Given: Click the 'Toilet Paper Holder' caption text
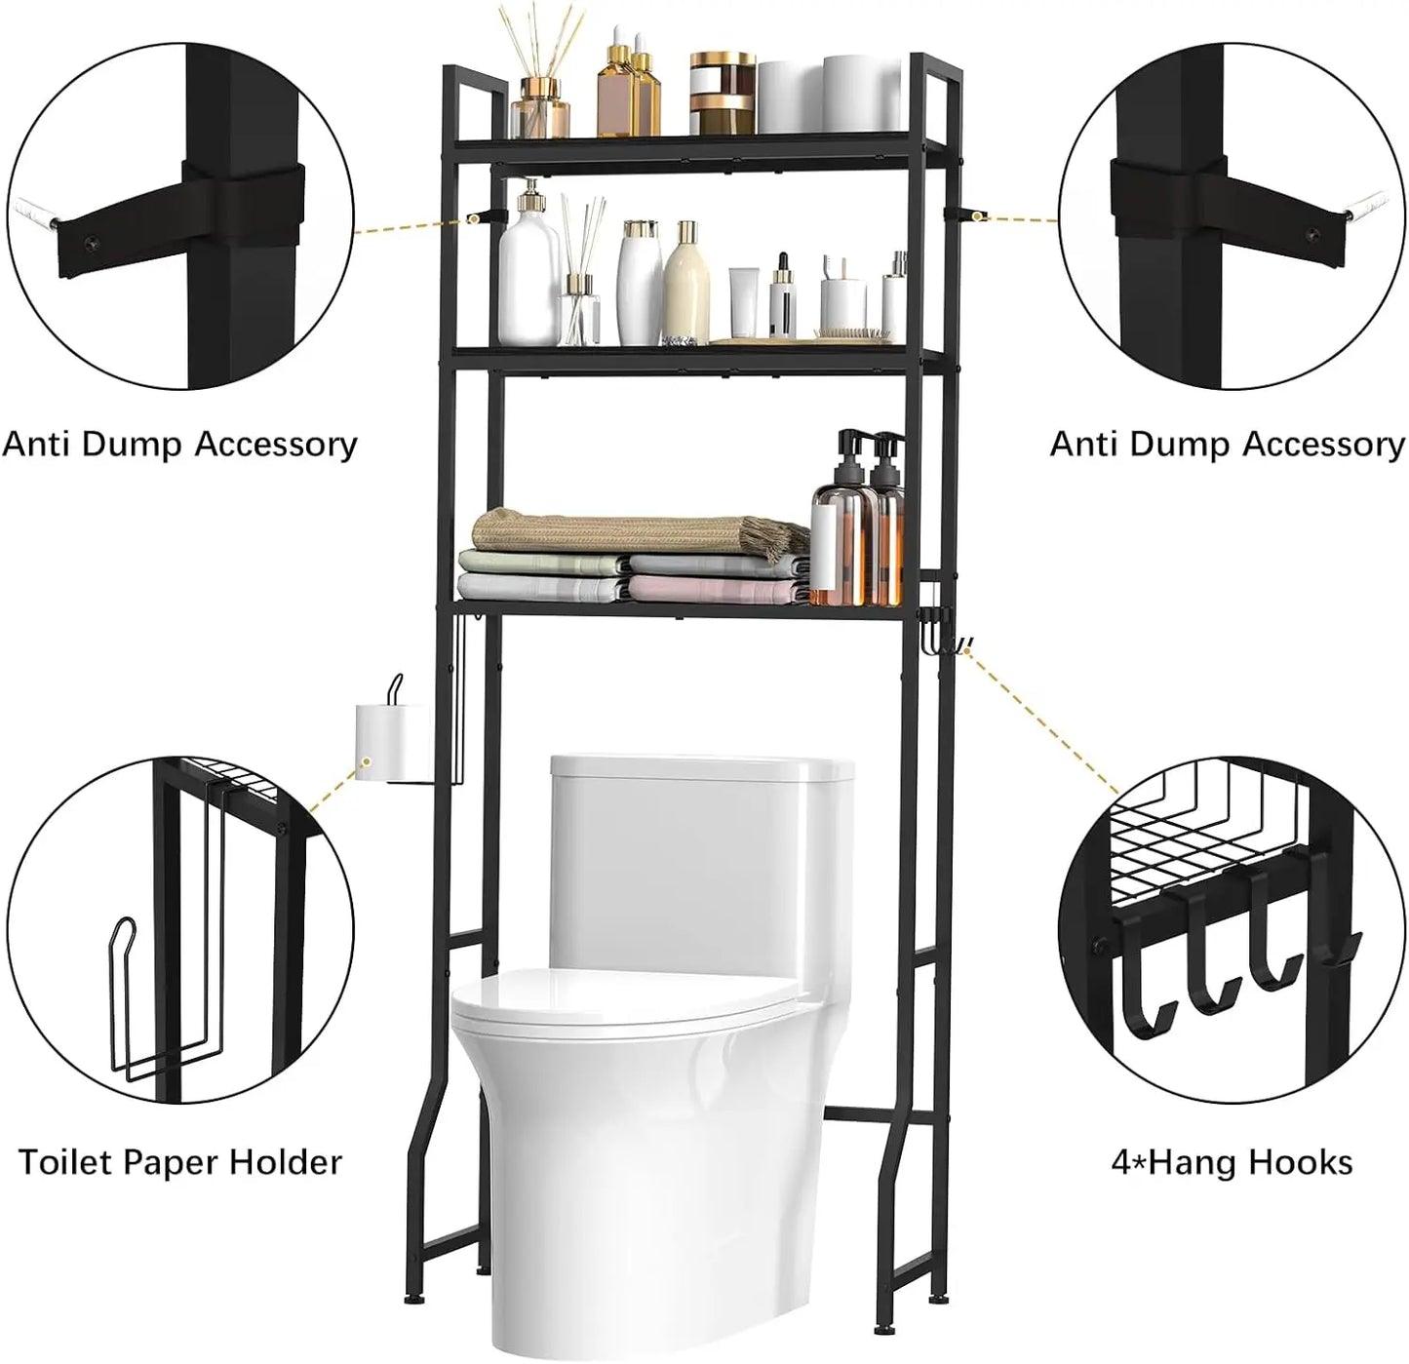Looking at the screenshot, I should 180,1162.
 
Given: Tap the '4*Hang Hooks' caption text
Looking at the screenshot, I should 1232,1162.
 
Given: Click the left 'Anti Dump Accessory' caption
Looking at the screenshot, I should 179,445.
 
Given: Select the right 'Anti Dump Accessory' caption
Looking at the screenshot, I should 1228,445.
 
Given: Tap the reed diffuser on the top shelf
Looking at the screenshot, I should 543,97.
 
